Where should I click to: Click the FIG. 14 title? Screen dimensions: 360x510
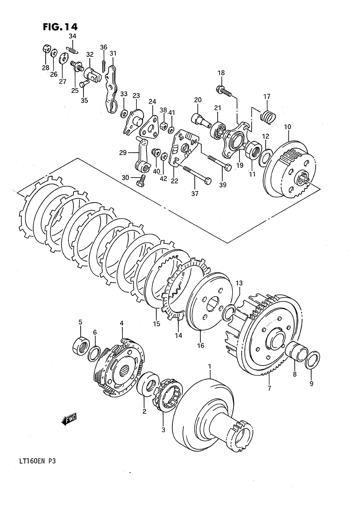[60, 27]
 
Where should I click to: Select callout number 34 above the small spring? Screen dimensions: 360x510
[72, 36]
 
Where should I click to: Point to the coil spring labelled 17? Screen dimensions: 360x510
[268, 117]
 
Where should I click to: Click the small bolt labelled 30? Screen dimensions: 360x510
[141, 181]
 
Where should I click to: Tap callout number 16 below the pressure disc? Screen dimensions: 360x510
[201, 346]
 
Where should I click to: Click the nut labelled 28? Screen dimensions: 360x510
[46, 48]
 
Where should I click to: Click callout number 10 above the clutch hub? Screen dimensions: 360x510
[288, 127]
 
